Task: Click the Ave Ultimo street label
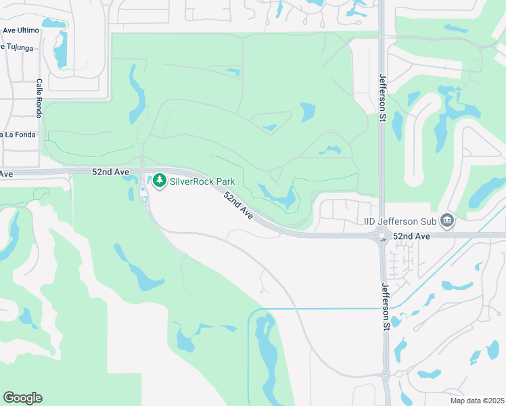20,30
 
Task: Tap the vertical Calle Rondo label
40,99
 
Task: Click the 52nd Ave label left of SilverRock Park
110,173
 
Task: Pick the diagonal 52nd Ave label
239,205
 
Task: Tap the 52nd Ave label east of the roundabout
412,235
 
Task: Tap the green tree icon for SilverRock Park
160,181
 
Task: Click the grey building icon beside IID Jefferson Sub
446,221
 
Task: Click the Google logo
22,398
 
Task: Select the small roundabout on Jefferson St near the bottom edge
385,374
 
